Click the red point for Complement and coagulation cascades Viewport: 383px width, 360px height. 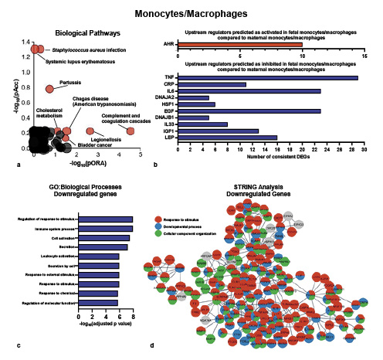point(130,131)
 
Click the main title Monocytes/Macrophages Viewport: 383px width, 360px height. point(191,14)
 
